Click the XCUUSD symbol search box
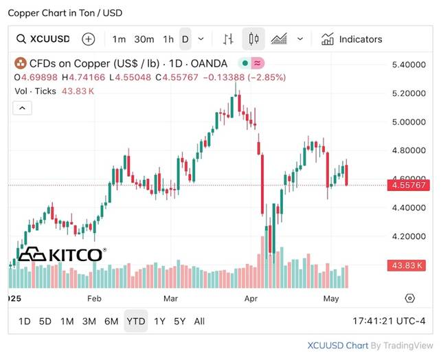[x=43, y=39]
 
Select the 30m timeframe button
[x=144, y=39]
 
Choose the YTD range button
[x=136, y=321]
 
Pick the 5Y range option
[x=179, y=321]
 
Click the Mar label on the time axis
[x=171, y=298]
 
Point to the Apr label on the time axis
[x=251, y=298]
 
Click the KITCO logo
[x=62, y=255]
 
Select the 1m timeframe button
[x=120, y=39]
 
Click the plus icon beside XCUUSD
[x=89, y=39]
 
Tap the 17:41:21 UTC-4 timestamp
[x=389, y=321]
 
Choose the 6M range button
[x=111, y=321]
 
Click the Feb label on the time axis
[x=94, y=298]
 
